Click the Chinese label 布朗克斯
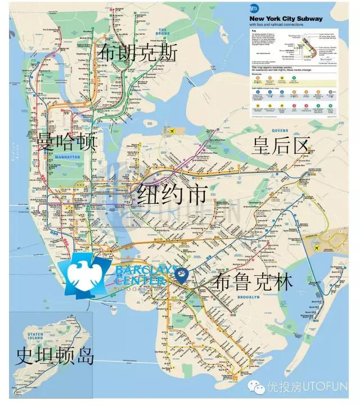point(137,53)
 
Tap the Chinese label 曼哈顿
point(66,141)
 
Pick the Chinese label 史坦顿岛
point(55,356)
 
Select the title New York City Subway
point(286,19)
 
